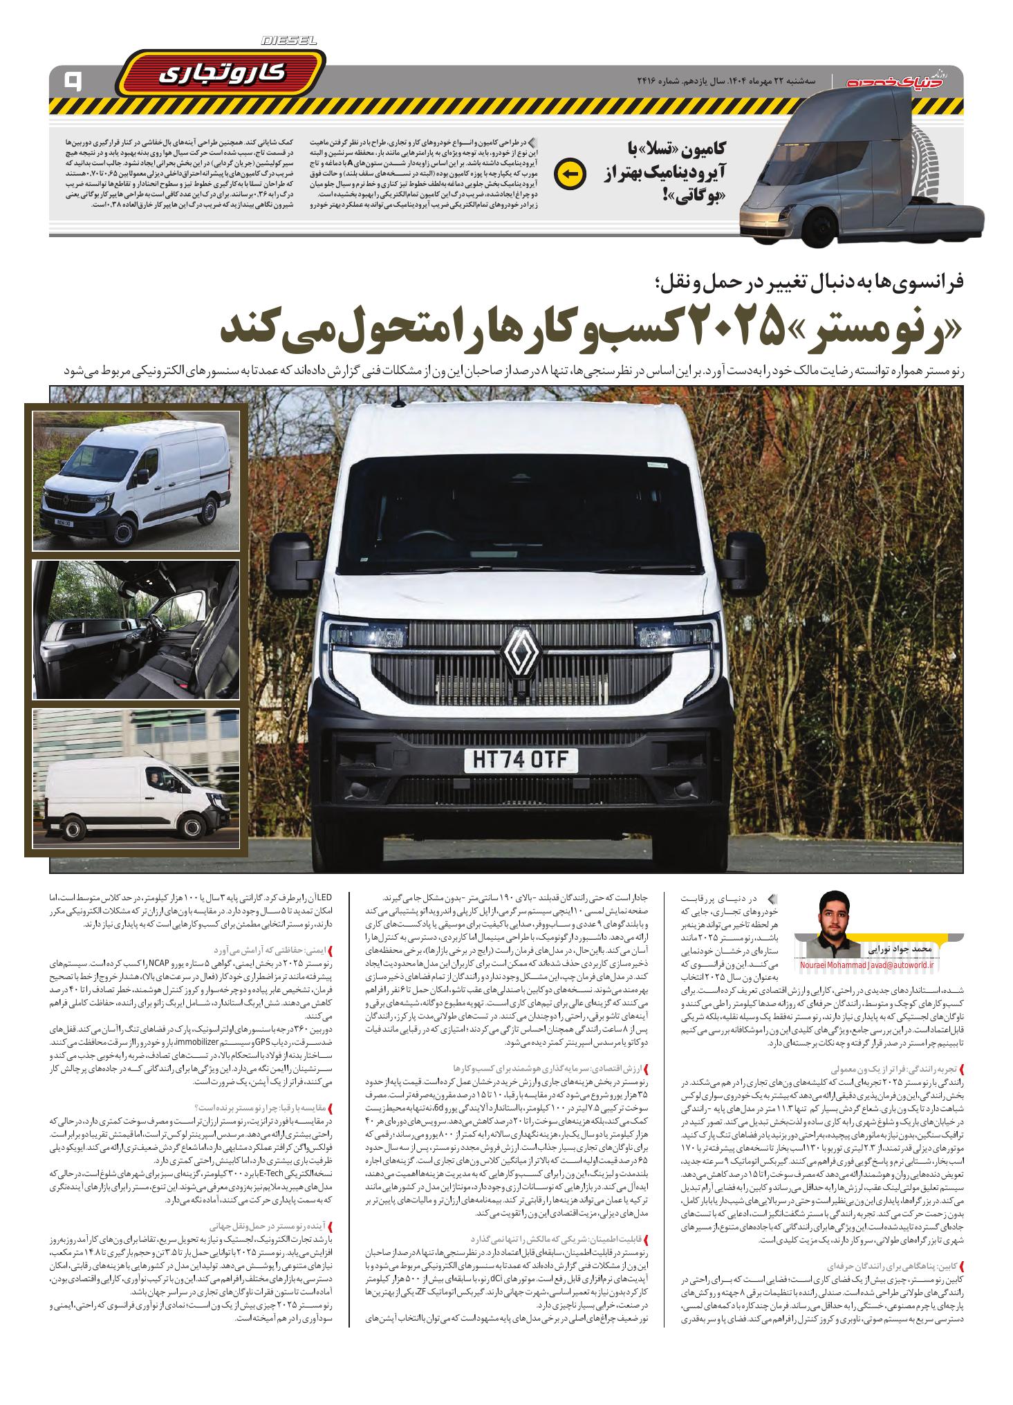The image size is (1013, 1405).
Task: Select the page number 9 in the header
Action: (x=71, y=82)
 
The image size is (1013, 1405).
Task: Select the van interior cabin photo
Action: (x=136, y=629)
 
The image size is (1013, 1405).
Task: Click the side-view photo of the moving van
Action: (x=136, y=779)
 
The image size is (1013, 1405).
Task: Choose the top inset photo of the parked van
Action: (x=136, y=481)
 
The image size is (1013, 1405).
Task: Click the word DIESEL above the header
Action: (x=290, y=41)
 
